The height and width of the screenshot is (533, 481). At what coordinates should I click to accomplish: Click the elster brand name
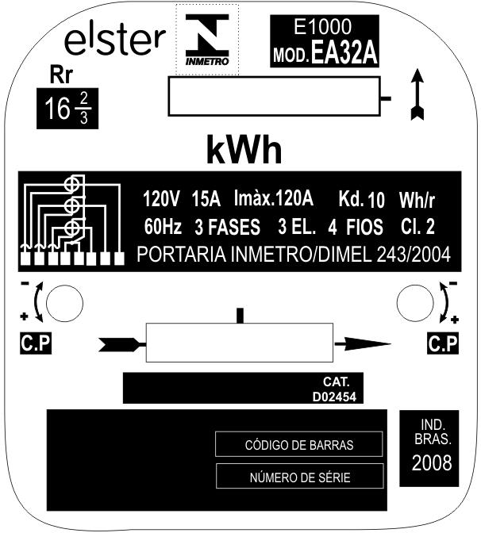[x=115, y=40]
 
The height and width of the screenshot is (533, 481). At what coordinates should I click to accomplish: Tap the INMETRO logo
[x=207, y=40]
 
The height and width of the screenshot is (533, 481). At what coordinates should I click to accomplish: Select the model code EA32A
[x=344, y=53]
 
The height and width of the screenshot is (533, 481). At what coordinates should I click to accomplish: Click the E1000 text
[x=322, y=27]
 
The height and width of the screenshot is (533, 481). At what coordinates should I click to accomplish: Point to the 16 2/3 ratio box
[x=67, y=109]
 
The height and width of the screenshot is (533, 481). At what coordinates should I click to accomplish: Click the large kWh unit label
[x=244, y=150]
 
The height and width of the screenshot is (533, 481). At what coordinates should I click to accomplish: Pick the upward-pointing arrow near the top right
[x=418, y=95]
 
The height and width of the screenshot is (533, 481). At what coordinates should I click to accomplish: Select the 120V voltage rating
[x=160, y=199]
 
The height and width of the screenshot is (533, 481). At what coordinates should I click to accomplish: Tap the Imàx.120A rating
[x=274, y=198]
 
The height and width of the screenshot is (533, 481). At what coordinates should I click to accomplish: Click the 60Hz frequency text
[x=163, y=226]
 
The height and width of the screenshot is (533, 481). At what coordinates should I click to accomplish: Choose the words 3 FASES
[x=227, y=227]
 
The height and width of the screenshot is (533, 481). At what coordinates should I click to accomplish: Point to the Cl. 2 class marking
[x=418, y=226]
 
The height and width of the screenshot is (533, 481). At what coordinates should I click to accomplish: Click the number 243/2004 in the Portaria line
[x=414, y=254]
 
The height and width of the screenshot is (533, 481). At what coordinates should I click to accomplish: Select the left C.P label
[x=36, y=343]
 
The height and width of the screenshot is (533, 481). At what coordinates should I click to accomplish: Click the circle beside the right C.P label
[x=415, y=303]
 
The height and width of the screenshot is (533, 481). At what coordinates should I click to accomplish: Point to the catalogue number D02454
[x=334, y=397]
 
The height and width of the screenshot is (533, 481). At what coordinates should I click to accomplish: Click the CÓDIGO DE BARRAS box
[x=299, y=444]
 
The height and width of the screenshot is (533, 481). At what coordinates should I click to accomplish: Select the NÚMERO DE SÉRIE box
[x=300, y=476]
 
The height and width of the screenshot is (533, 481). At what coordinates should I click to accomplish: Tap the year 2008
[x=432, y=462]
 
